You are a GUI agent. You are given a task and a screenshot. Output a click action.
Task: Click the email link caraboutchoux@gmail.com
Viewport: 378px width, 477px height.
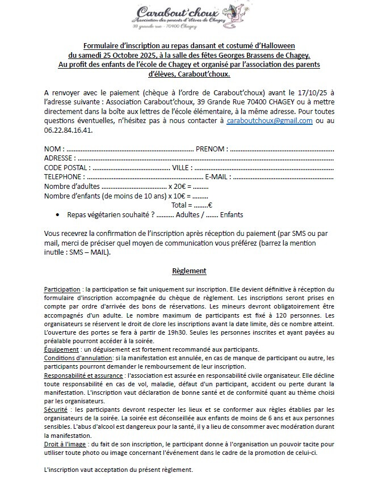(270, 121)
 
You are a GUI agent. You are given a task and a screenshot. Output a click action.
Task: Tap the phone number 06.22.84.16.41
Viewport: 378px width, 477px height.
(68, 129)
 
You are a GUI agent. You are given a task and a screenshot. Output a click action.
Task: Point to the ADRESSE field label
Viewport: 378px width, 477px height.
(60, 158)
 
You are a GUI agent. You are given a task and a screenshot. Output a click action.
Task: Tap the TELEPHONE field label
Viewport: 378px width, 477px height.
(64, 177)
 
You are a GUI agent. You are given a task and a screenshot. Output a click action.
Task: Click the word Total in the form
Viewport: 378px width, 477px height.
(180, 205)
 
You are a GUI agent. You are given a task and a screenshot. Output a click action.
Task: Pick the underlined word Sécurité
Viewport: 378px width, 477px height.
(55, 409)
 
